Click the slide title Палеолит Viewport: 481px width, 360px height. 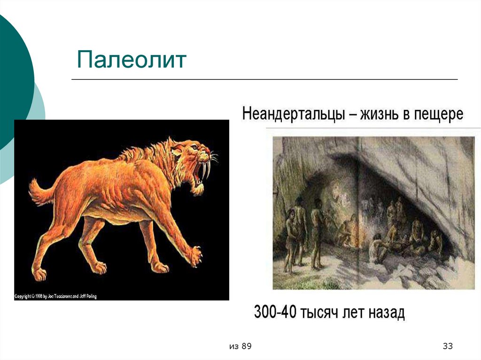tap(132, 60)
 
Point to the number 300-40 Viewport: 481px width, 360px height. tap(275, 312)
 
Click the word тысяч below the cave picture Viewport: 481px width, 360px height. tap(321, 312)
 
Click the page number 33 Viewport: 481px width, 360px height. tap(447, 346)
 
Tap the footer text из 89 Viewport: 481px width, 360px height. tap(240, 346)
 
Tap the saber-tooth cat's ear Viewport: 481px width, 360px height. tap(175, 149)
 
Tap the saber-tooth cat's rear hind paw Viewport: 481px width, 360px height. tap(39, 273)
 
